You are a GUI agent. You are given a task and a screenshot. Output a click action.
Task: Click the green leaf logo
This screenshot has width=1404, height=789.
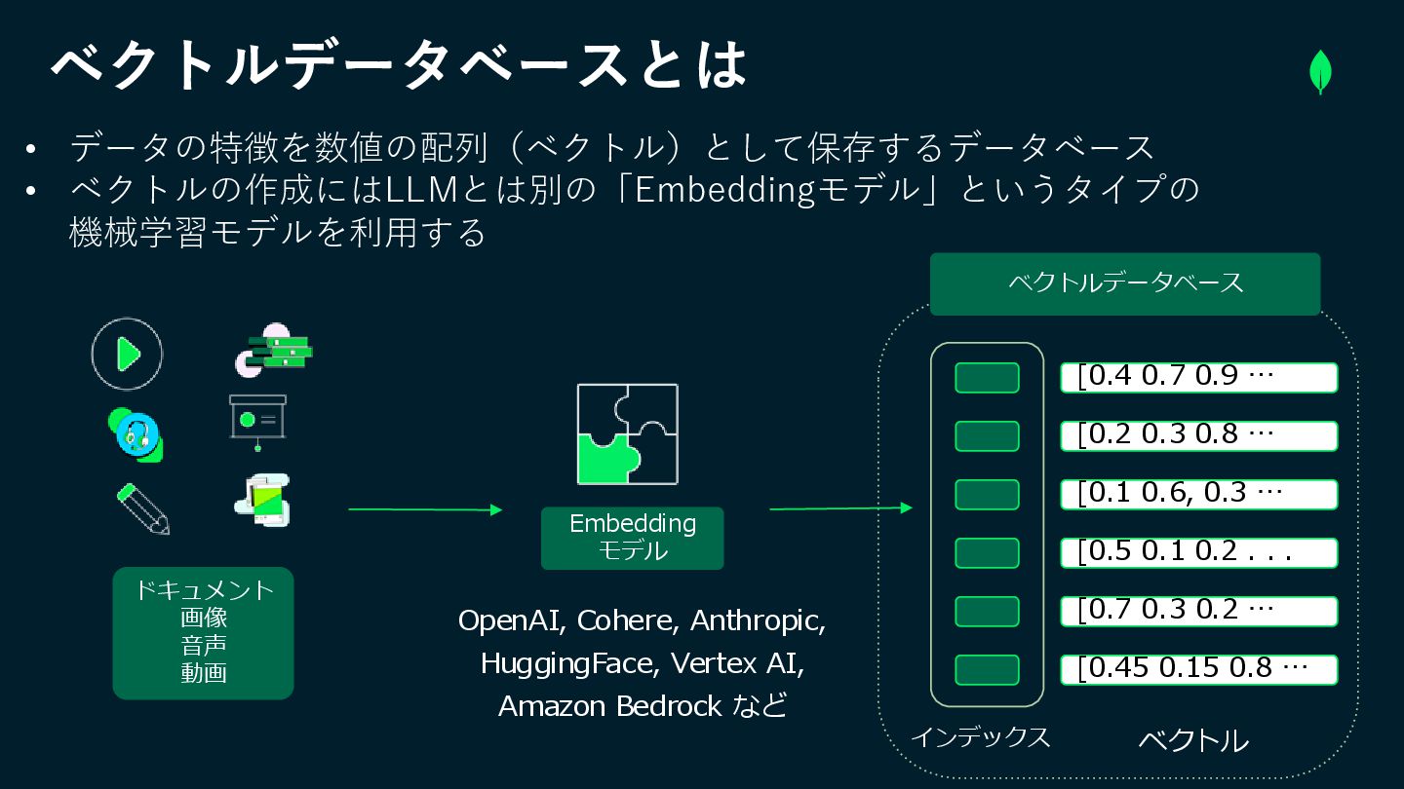pyautogui.click(x=1320, y=72)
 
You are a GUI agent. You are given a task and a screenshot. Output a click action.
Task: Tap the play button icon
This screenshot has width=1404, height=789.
pyautogui.click(x=127, y=354)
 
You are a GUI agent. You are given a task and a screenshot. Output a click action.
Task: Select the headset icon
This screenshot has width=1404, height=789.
pyautogui.click(x=136, y=433)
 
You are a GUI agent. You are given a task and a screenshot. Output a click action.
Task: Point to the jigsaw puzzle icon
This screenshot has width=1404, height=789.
pyautogui.click(x=627, y=433)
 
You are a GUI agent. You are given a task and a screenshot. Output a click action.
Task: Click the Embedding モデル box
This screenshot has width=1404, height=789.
pyautogui.click(x=633, y=538)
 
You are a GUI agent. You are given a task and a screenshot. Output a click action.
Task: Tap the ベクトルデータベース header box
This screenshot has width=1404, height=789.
pyautogui.click(x=1125, y=283)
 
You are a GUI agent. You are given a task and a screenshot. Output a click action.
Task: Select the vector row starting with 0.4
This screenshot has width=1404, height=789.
pyautogui.click(x=1198, y=377)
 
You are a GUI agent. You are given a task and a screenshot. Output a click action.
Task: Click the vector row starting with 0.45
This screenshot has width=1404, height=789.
pyautogui.click(x=1198, y=669)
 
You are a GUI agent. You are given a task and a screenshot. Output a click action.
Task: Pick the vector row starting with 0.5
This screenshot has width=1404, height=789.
pyautogui.click(x=1198, y=552)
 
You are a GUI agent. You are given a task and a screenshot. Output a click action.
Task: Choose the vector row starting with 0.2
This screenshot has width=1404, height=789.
pyautogui.click(x=1198, y=435)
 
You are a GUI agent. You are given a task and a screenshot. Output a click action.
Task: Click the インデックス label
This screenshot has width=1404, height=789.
pyautogui.click(x=980, y=737)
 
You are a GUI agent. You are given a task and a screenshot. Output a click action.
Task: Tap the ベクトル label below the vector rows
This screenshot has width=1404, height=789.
pyautogui.click(x=1193, y=740)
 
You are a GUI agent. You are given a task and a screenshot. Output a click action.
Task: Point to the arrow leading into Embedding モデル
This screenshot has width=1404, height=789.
pyautogui.click(x=425, y=509)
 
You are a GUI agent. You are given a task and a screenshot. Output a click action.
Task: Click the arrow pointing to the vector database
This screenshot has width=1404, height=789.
pyautogui.click(x=840, y=507)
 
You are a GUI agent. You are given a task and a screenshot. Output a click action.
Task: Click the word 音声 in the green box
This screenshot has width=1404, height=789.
pyautogui.click(x=203, y=645)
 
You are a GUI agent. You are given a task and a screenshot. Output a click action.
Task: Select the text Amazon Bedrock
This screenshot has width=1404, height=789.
pyautogui.click(x=610, y=705)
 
